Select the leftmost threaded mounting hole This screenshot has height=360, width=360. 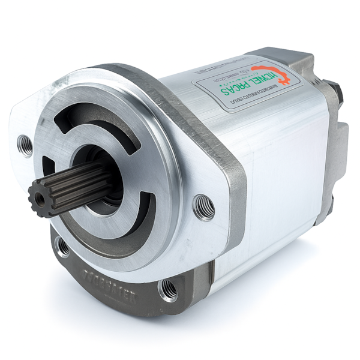coord(25,143)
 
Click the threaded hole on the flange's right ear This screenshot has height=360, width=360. coord(204,206)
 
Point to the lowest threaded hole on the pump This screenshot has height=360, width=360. coord(169,289)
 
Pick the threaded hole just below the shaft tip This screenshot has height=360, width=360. coord(62,246)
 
